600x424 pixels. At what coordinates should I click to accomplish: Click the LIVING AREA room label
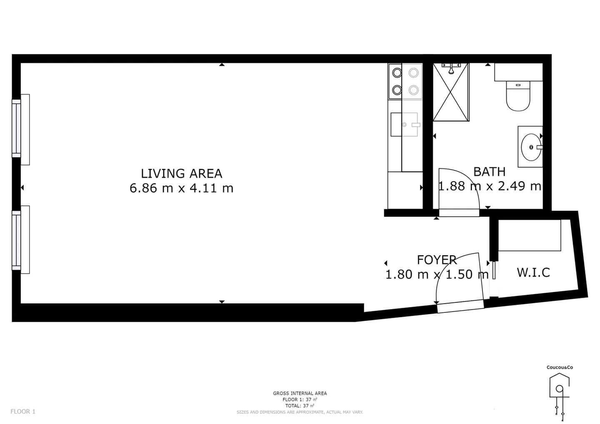pos(181,173)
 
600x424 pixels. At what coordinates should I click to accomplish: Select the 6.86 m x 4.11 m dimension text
pos(181,188)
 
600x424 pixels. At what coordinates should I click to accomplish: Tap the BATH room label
pos(489,172)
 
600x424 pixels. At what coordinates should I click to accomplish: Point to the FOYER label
pos(437,260)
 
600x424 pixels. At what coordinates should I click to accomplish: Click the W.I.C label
pos(533,272)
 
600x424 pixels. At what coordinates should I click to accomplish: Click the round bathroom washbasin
pos(530,147)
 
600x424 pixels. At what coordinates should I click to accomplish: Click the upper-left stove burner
pos(397,73)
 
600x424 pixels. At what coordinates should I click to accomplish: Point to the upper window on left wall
pos(17,129)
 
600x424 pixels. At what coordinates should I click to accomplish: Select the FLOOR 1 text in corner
pos(23,412)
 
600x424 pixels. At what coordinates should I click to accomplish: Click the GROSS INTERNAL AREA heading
pos(300,393)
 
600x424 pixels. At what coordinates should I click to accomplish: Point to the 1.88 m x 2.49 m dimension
pos(489,186)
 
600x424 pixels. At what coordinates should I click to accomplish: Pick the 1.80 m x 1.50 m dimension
pos(437,274)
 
